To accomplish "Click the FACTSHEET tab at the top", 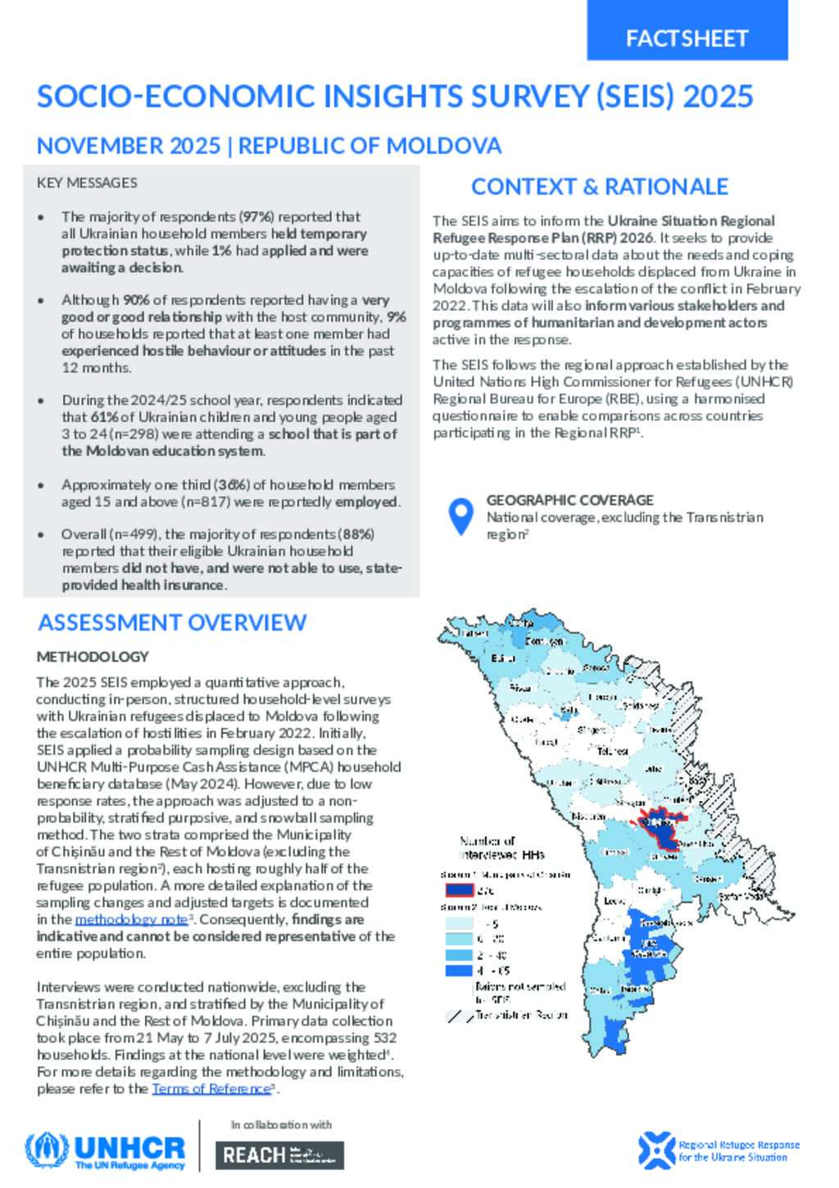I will pos(687,38).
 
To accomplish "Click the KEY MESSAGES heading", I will pos(87,183).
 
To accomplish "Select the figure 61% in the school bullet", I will pos(106,417).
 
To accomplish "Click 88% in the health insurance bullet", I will pos(361,535).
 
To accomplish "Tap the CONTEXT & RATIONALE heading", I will pos(599,187).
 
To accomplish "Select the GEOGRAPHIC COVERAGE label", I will pos(569,500).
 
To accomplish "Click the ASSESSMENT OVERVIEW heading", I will pos(172,623).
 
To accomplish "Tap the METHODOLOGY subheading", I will pos(93,657).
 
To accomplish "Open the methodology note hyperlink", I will pos(130,920).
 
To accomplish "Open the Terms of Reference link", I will pos(211,1089).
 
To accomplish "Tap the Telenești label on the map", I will pos(612,751).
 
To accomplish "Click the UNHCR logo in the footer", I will pos(105,1151).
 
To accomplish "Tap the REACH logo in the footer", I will pos(279,1155).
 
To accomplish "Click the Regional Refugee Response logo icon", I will pos(655,1150).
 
